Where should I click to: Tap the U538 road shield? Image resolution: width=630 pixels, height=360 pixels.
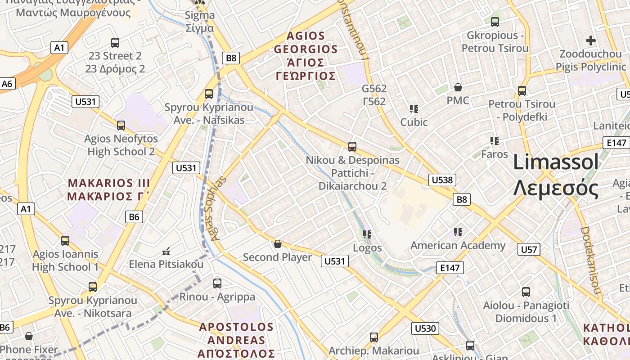(442, 180)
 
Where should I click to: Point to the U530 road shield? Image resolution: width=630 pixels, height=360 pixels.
(425, 328)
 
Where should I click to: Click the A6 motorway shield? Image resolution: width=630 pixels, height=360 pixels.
(8, 84)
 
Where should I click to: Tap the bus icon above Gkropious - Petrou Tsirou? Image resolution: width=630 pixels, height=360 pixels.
(495, 22)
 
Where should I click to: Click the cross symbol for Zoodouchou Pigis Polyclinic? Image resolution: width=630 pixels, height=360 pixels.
(591, 40)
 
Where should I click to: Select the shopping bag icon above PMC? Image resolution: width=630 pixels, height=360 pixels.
(458, 87)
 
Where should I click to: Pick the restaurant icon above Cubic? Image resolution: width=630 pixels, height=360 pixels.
(414, 108)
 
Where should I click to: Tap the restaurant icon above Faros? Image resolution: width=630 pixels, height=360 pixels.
(495, 141)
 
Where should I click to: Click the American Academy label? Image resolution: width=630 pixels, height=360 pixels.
(458, 245)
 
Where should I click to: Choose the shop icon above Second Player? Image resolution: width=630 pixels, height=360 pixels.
(278, 244)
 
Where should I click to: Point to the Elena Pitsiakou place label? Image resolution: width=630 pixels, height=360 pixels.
(166, 264)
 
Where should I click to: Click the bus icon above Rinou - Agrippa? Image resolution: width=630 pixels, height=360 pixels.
(217, 283)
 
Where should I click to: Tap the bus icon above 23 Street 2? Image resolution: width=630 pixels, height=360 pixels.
(115, 43)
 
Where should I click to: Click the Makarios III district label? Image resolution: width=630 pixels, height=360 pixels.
(108, 189)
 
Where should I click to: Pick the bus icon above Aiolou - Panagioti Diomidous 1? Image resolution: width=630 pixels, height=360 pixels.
(526, 292)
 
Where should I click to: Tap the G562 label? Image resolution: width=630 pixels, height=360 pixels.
(374, 95)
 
